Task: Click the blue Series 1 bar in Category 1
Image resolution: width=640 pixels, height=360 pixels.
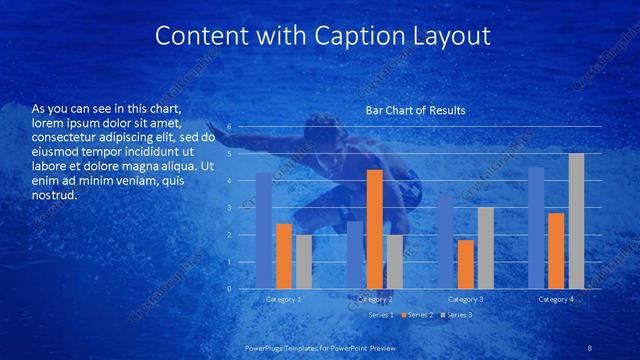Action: tap(264, 231)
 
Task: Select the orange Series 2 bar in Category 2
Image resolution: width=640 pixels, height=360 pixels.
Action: tap(375, 229)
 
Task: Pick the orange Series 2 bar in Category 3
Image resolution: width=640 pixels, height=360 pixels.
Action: tap(466, 264)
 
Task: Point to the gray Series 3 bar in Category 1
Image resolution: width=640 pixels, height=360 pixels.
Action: tap(303, 262)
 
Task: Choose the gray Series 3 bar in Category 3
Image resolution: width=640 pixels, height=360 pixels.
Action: tap(485, 248)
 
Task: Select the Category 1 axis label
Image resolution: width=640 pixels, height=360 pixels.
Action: tap(283, 299)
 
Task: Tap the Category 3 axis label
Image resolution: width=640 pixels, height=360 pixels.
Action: tap(466, 299)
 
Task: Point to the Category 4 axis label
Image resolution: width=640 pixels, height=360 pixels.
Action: tap(556, 299)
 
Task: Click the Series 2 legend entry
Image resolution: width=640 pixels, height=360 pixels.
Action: tap(419, 315)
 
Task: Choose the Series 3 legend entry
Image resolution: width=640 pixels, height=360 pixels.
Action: tap(457, 315)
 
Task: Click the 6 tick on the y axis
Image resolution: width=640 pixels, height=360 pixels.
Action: tap(229, 127)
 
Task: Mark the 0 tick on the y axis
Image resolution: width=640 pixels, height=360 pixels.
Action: tap(229, 289)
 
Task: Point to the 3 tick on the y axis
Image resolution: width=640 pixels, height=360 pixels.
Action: tap(229, 208)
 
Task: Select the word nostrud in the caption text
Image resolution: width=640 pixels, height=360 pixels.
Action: tap(54, 196)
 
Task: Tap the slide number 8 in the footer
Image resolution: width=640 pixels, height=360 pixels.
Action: tap(589, 346)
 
